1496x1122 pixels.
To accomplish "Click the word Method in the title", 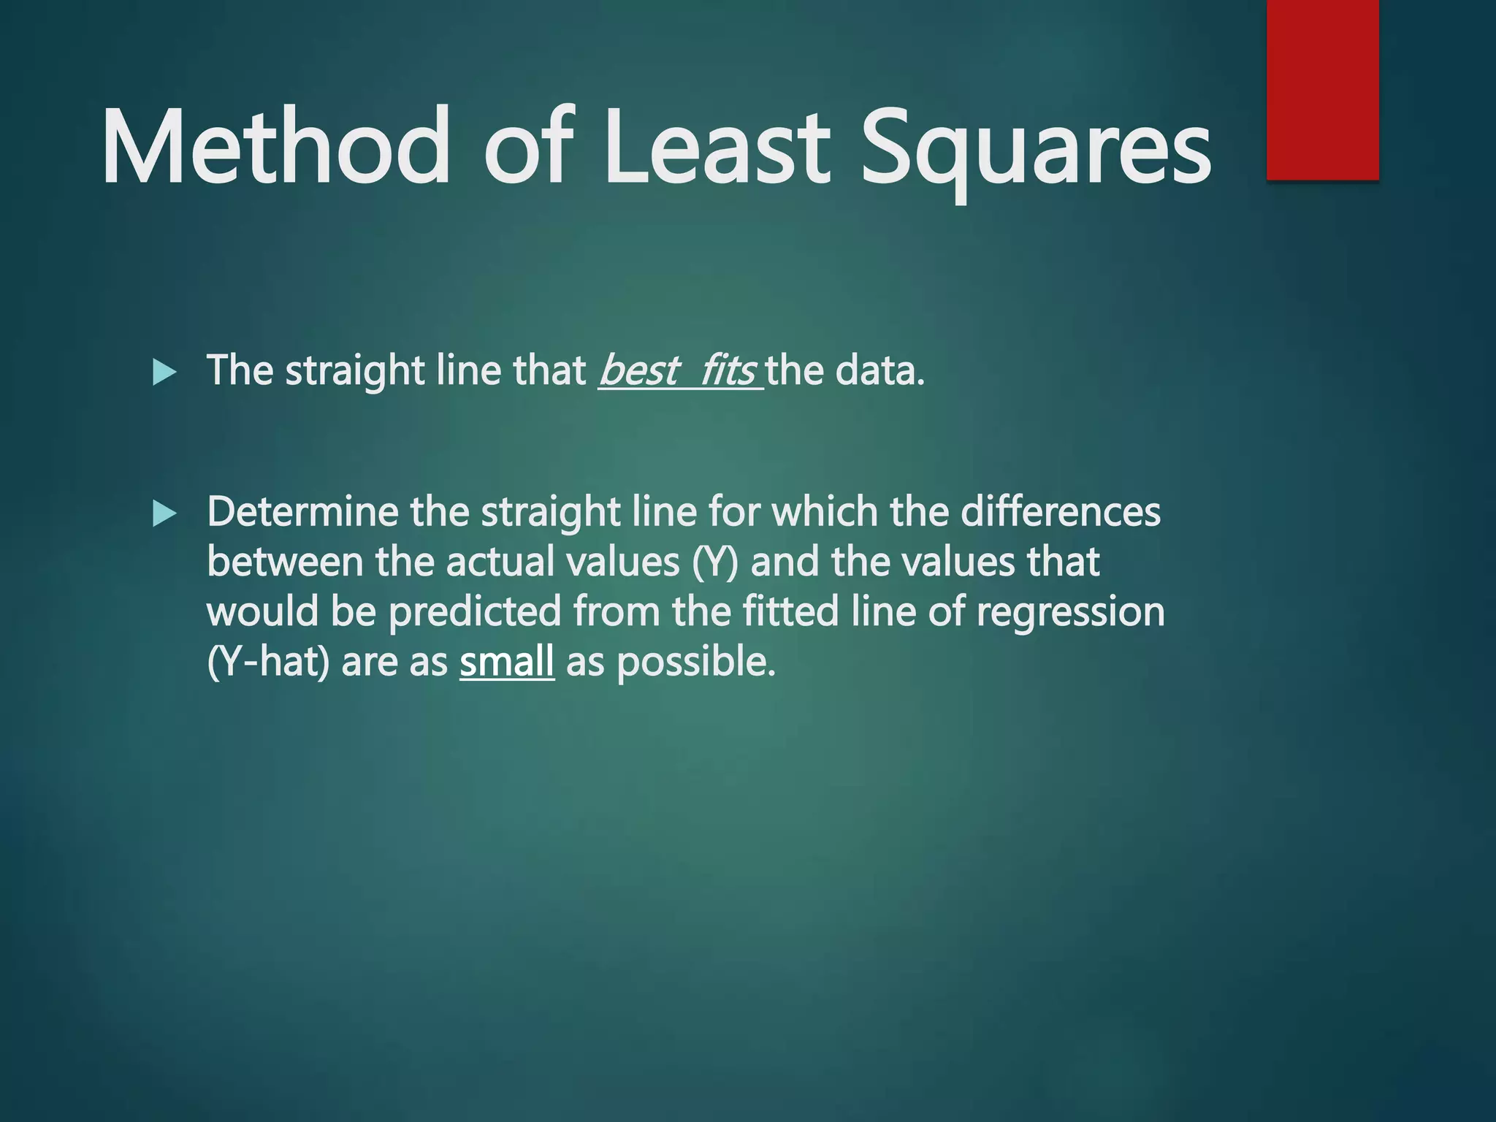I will (x=275, y=146).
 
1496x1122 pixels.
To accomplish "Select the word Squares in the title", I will (x=1036, y=150).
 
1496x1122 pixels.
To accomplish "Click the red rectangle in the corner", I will (x=1322, y=89).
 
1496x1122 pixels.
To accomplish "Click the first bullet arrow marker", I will (x=164, y=373).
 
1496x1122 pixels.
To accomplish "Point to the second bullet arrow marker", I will (x=164, y=514).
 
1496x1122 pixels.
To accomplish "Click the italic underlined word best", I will (x=638, y=370).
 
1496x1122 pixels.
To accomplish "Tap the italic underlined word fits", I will (x=728, y=370).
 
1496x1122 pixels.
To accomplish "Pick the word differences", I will (x=1060, y=511).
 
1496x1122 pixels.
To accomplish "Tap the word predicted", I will (x=475, y=612).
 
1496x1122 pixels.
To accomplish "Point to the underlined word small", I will (x=507, y=662).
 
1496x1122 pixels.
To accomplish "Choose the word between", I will (x=285, y=562).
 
